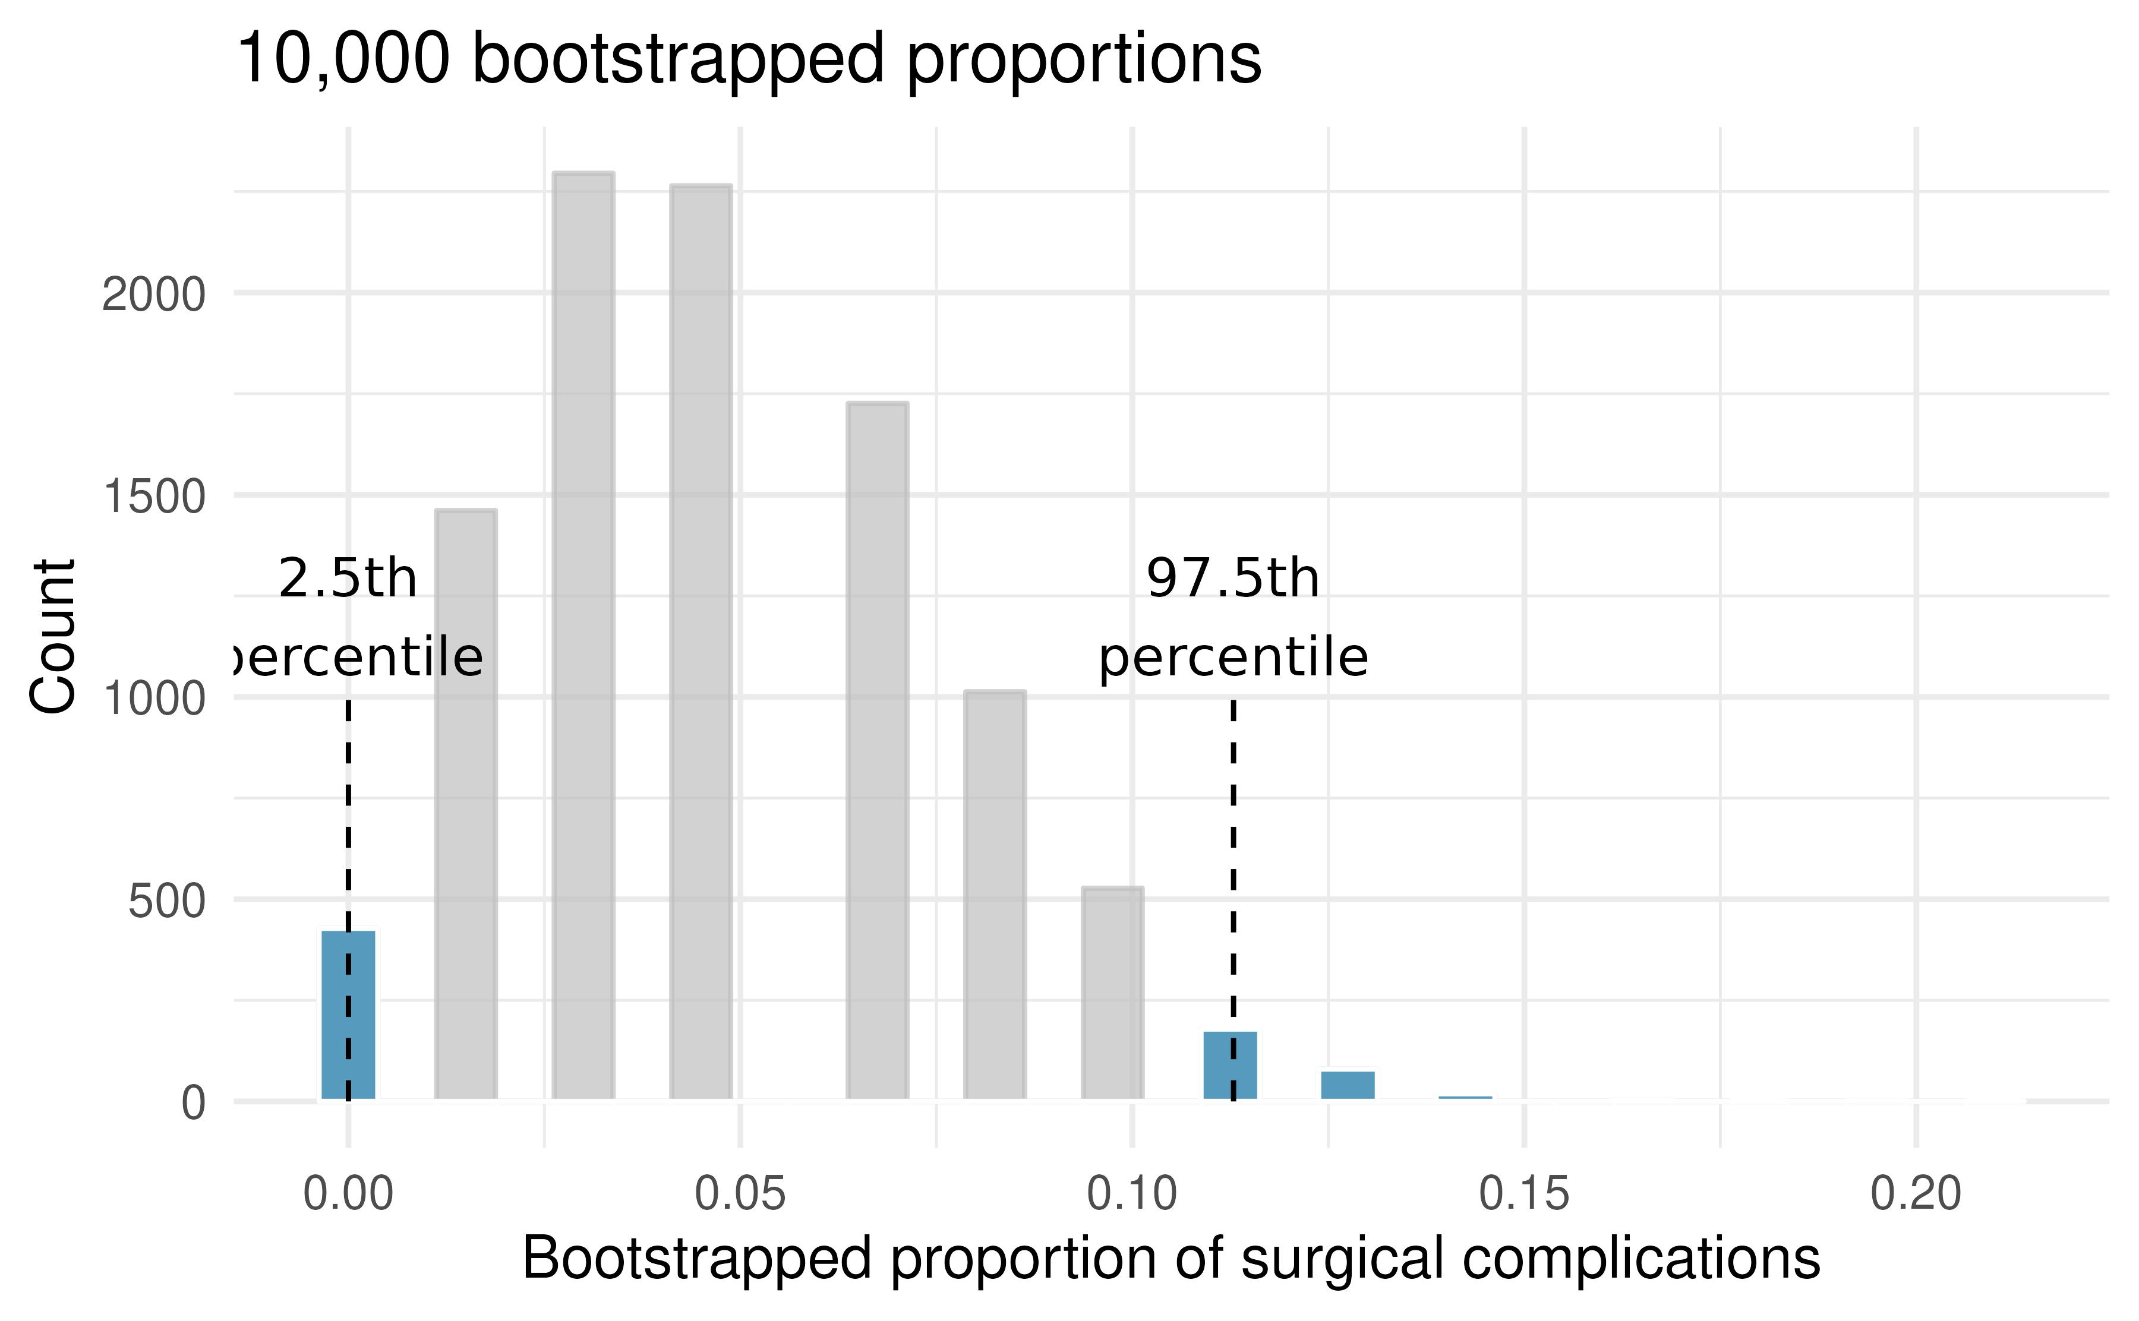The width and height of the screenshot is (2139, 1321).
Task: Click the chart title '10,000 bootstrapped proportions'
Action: click(x=748, y=59)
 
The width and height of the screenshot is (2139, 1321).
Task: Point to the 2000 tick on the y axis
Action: click(x=154, y=295)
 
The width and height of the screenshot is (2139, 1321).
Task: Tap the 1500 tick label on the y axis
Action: click(x=154, y=497)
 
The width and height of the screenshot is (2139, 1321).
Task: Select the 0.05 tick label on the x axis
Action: click(x=740, y=1193)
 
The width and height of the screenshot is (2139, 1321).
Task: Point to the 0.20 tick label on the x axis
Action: click(x=1916, y=1193)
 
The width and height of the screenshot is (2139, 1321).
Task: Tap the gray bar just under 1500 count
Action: click(x=466, y=804)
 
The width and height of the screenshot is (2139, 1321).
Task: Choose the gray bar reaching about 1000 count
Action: click(x=995, y=896)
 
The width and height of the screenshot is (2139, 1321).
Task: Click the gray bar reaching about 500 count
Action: click(x=1112, y=994)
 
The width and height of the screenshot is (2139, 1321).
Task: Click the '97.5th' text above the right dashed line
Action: click(x=1233, y=579)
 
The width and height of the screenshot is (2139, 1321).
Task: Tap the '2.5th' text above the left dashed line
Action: click(x=348, y=579)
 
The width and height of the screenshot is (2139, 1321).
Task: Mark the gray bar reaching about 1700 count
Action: click(x=877, y=751)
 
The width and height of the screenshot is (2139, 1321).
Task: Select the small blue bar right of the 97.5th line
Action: click(x=1348, y=1085)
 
